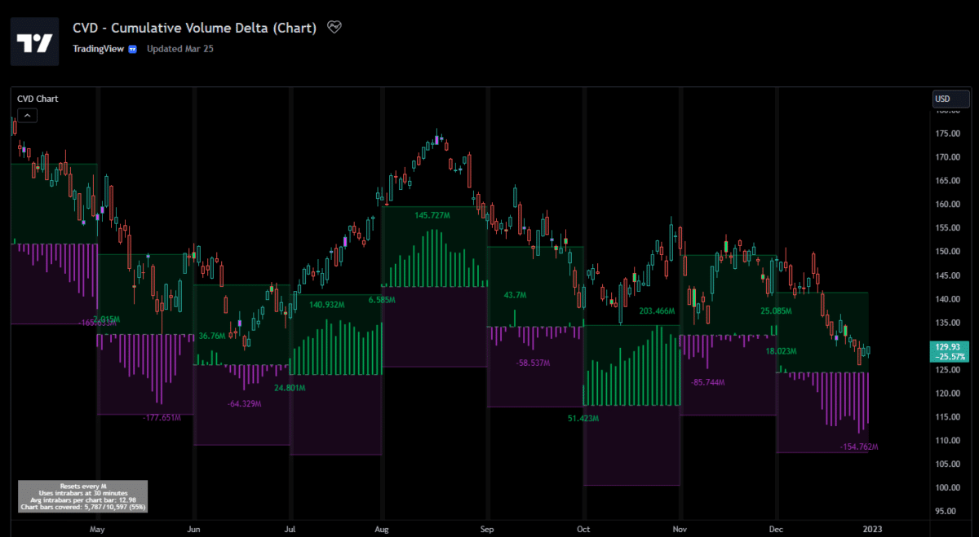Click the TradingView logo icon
[35, 42]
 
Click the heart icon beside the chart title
[334, 28]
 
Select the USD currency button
[951, 99]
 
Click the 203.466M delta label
[658, 311]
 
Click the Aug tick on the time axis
[382, 528]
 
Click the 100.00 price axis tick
[946, 487]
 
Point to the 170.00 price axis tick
[946, 156]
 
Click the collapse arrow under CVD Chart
[27, 116]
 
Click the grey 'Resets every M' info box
[82, 496]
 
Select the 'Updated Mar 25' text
[180, 48]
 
